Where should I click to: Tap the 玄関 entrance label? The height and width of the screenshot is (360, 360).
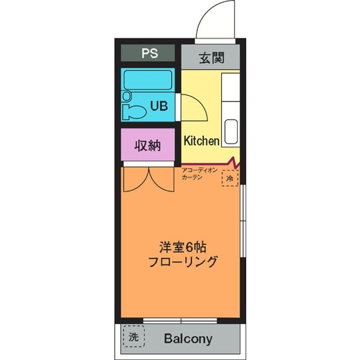point(210,58)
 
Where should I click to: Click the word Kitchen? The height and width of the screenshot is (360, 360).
point(202,140)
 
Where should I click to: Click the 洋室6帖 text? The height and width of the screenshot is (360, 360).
point(182,247)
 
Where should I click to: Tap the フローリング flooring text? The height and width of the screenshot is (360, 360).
point(182,262)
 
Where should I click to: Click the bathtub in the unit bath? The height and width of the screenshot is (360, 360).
point(148,81)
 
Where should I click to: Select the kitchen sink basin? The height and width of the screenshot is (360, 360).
point(231,132)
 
